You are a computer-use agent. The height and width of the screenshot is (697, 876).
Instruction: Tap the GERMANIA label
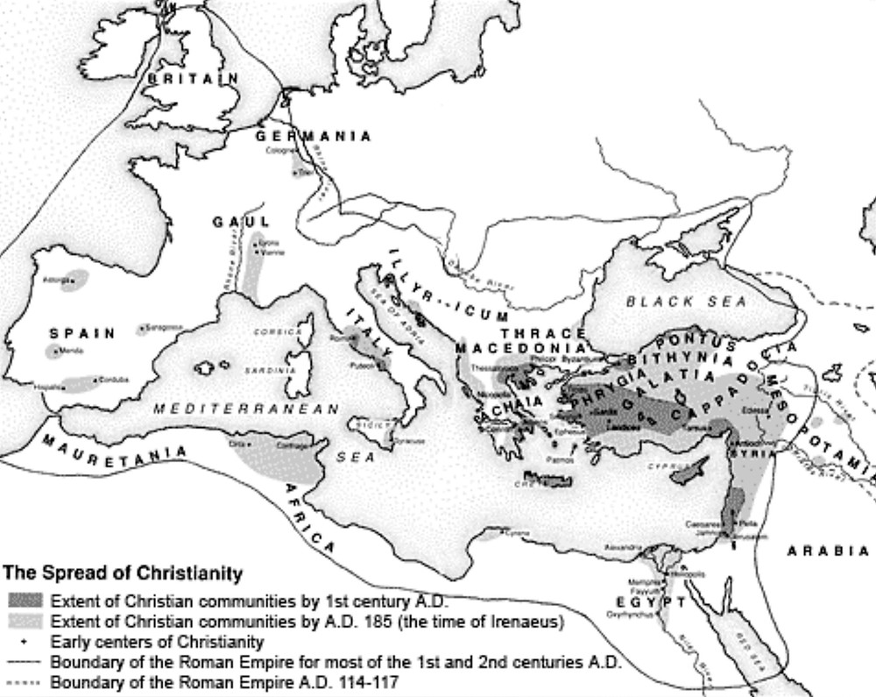(313, 136)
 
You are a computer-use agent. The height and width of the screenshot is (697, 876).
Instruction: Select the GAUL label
(241, 222)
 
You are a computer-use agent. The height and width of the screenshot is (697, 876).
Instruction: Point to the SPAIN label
(81, 333)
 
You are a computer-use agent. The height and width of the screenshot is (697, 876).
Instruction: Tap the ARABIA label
(828, 551)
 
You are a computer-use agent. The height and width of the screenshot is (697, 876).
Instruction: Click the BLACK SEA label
(687, 302)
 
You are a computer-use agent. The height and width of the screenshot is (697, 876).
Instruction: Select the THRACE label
(544, 333)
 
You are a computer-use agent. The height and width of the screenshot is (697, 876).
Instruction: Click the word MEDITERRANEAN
(246, 409)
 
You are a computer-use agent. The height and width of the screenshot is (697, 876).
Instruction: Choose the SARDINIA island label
(275, 371)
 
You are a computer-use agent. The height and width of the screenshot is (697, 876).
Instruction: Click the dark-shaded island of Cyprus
(691, 471)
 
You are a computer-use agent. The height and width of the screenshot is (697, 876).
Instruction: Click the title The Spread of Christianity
(123, 574)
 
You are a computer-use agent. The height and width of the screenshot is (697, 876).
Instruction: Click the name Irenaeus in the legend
(529, 622)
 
